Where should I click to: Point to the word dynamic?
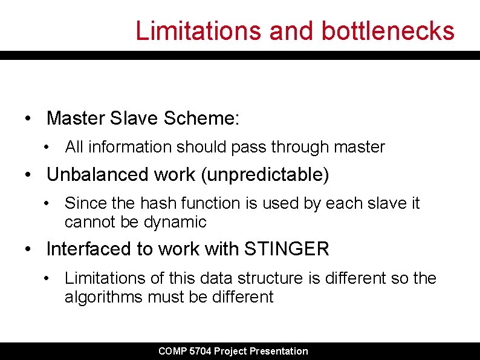[x=175, y=222]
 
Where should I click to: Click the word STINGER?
[x=287, y=249]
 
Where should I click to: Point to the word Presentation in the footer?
[x=279, y=351]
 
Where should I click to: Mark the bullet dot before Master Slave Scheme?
[x=28, y=119]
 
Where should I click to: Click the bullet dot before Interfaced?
[x=28, y=249]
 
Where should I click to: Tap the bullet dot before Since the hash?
[x=47, y=204]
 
